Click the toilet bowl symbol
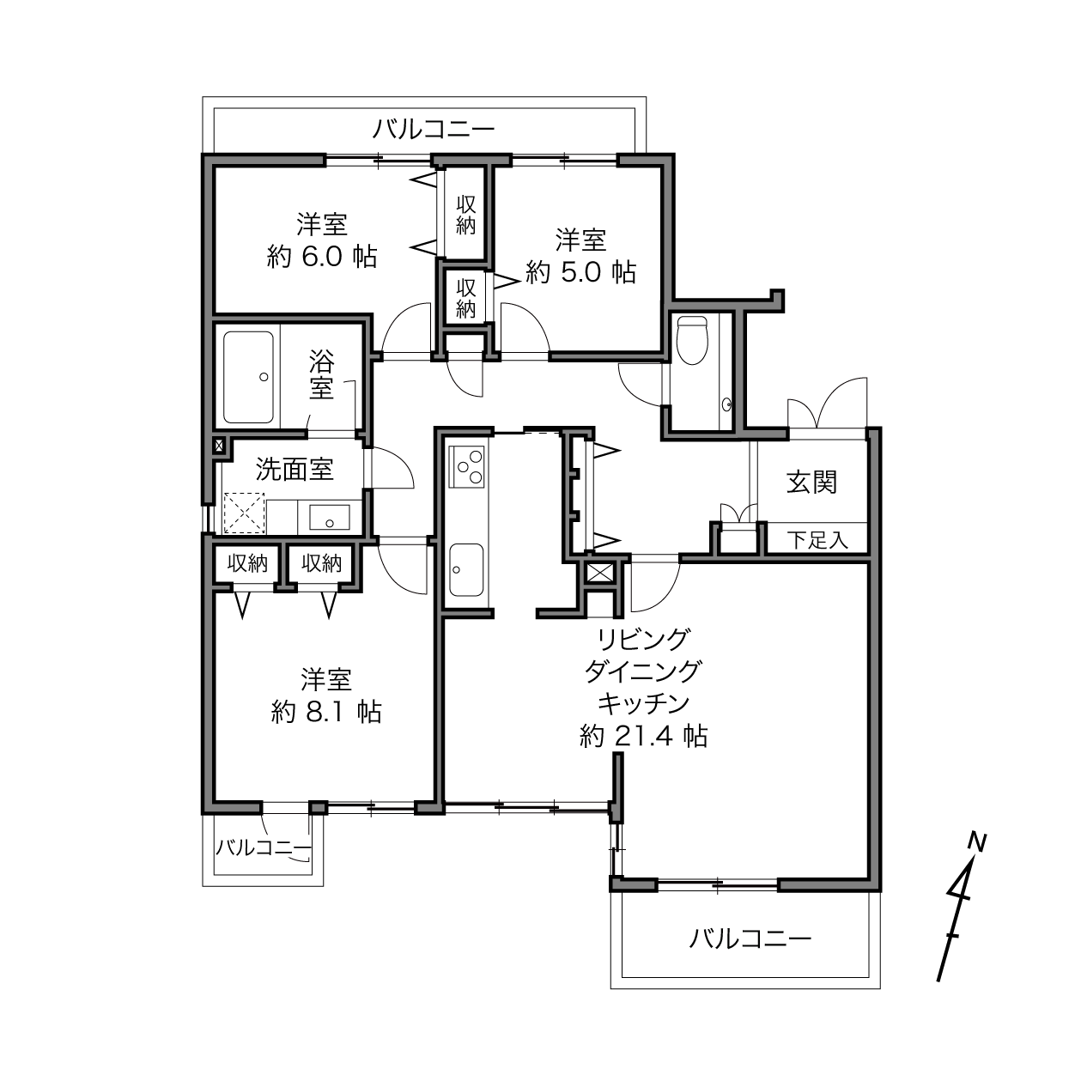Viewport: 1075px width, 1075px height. tap(692, 340)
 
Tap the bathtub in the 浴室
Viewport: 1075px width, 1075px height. tap(249, 377)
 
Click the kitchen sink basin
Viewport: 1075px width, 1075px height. tap(466, 569)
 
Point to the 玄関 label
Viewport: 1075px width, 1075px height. tap(811, 483)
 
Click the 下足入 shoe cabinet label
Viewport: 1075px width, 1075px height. tap(817, 540)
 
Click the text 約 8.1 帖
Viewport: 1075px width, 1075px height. tap(326, 712)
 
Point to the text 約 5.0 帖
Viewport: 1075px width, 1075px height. tap(580, 272)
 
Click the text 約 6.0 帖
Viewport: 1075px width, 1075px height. tap(323, 256)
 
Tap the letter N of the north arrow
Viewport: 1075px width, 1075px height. tap(977, 842)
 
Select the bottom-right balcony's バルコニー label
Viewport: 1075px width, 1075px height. tap(750, 939)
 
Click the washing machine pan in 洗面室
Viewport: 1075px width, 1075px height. tap(244, 513)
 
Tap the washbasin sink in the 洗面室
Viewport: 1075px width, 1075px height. tap(330, 517)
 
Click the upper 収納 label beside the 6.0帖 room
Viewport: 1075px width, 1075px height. tap(466, 214)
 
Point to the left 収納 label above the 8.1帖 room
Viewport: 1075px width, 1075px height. tap(247, 563)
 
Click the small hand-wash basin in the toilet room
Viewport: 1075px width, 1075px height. tap(726, 404)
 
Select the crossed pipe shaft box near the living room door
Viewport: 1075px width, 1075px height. tap(600, 573)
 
